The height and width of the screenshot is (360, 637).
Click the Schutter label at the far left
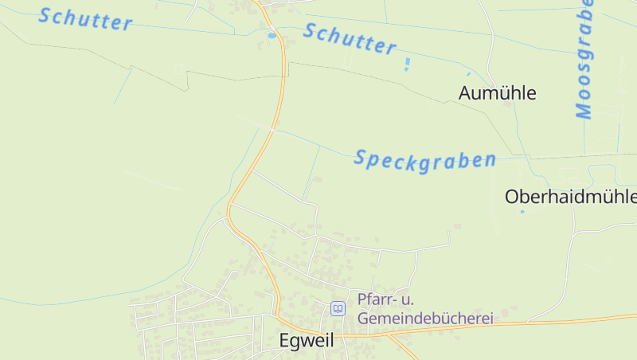click(x=85, y=18)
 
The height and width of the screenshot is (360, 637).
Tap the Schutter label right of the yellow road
click(x=350, y=39)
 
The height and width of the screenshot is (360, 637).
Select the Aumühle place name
click(x=498, y=93)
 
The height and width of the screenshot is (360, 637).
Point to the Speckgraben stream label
click(x=424, y=158)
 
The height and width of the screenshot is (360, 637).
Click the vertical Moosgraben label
click(x=585, y=60)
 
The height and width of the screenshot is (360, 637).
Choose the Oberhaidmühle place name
click(x=571, y=197)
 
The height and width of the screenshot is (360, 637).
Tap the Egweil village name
click(x=307, y=340)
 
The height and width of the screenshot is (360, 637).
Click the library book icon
click(x=338, y=308)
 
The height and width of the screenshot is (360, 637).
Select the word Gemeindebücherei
click(x=426, y=318)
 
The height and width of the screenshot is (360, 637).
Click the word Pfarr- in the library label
click(x=375, y=299)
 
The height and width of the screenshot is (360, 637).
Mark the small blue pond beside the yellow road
click(x=272, y=35)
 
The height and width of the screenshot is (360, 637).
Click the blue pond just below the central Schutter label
click(x=407, y=63)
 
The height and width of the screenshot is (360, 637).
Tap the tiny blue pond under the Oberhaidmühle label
click(x=522, y=212)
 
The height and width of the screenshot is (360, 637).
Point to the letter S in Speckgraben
click(x=360, y=158)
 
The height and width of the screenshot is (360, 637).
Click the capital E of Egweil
click(x=285, y=340)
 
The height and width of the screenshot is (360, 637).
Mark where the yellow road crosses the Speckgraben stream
click(x=272, y=129)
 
